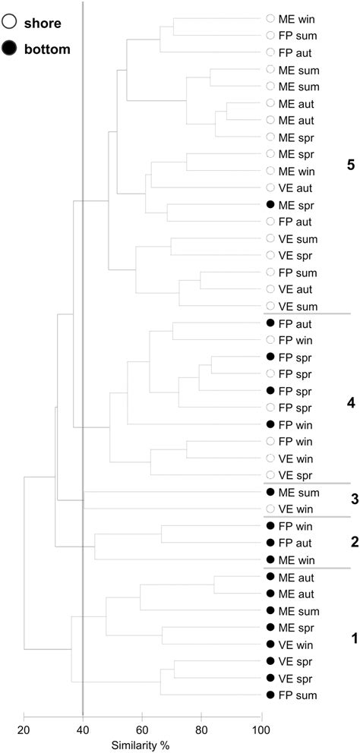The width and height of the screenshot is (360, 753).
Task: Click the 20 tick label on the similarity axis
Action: [24, 729]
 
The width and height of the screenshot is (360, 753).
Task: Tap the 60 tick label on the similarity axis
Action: [142, 729]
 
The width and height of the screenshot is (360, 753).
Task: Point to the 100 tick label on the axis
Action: [261, 729]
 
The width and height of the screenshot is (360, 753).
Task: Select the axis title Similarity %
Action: [143, 745]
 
